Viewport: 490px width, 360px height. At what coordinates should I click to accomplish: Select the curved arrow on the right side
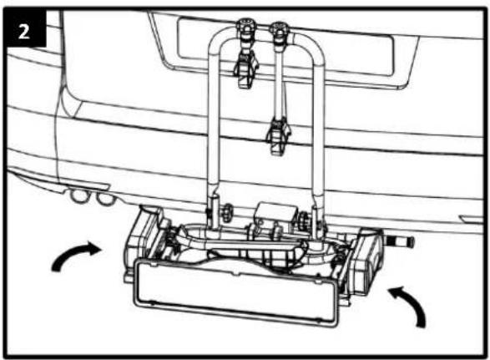tap(411, 305)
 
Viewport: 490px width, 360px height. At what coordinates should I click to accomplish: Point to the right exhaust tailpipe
tap(104, 199)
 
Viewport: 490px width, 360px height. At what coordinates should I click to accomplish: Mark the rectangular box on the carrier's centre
tap(275, 213)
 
